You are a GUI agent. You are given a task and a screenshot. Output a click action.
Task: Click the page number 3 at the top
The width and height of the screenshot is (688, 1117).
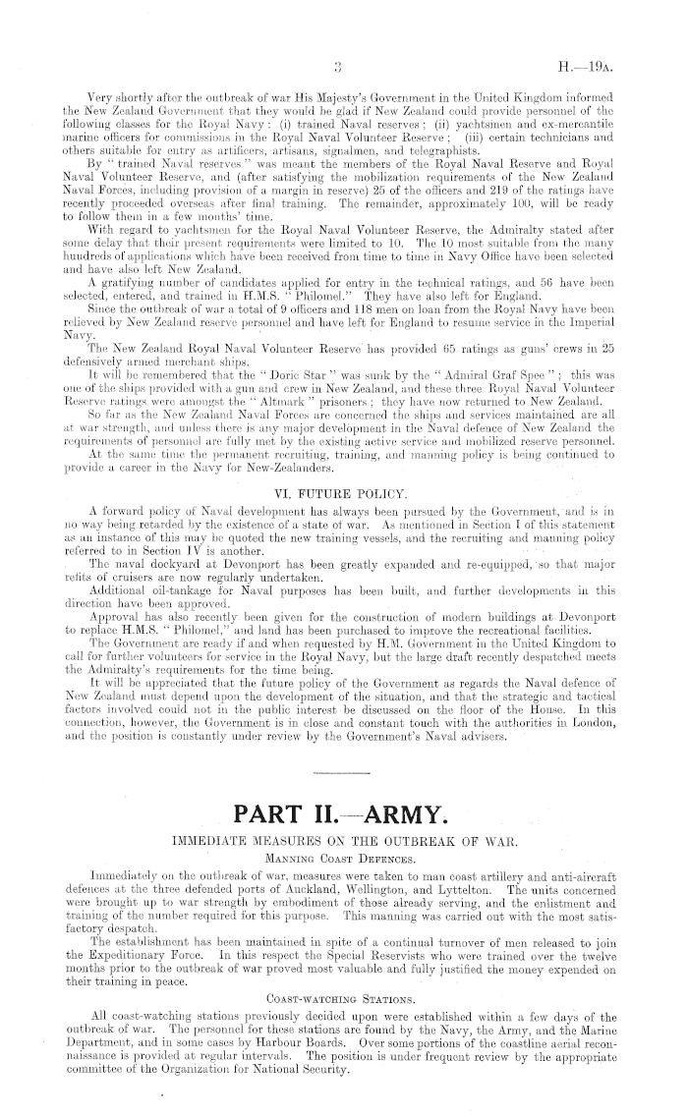(337, 68)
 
